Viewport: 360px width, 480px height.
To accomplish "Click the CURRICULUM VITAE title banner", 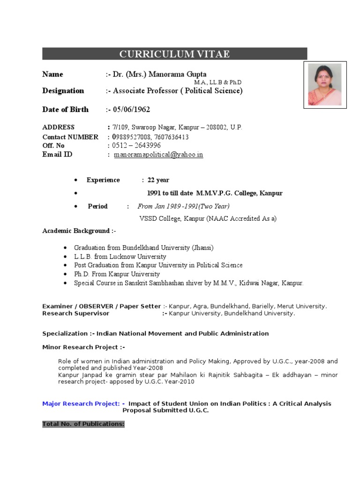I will click(x=174, y=54).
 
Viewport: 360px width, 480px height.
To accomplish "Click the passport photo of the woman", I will click(x=324, y=85).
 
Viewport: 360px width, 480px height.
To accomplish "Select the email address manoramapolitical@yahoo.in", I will click(x=158, y=155).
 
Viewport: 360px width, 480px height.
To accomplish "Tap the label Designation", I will click(x=63, y=91).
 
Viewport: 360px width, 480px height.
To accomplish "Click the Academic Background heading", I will click(x=79, y=231).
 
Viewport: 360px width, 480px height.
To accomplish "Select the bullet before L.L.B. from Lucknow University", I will click(x=64, y=257).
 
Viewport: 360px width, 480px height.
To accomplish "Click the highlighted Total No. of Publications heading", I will click(x=83, y=424).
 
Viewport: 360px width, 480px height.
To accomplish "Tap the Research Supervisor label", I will click(x=75, y=314).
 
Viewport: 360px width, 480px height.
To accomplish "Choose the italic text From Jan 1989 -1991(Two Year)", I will click(x=183, y=206).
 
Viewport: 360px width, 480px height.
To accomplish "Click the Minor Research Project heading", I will click(x=83, y=347).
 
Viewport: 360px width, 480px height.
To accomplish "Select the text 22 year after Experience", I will click(x=158, y=180).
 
